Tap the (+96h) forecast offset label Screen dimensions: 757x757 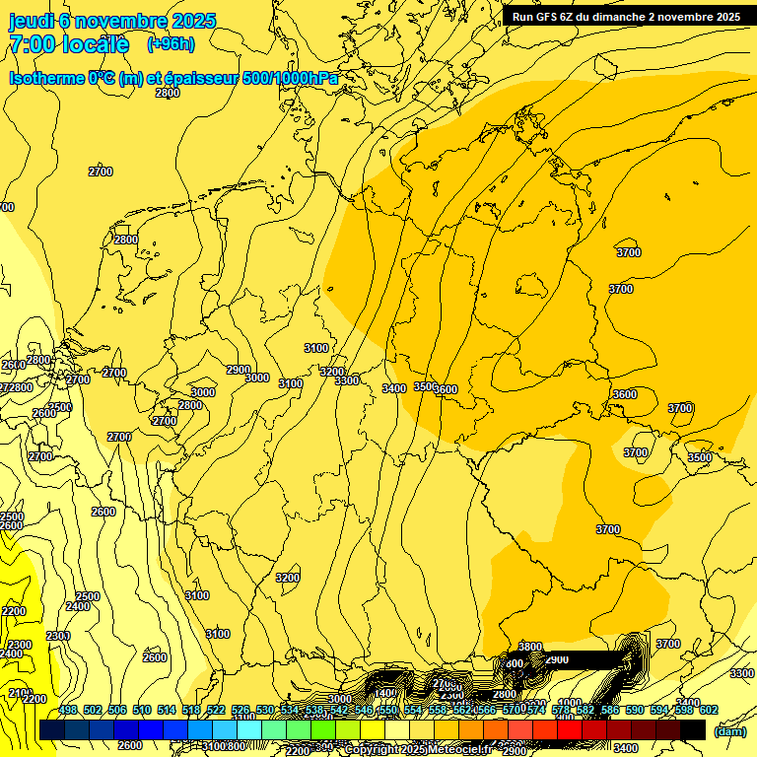click(x=171, y=44)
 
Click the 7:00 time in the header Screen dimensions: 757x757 click(x=34, y=44)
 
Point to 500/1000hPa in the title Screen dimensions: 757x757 click(x=296, y=77)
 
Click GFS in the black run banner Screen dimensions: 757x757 click(x=552, y=17)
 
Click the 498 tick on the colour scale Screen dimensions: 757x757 click(x=68, y=710)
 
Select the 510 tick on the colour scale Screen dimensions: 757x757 click(x=142, y=710)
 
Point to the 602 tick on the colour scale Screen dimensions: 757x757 click(x=708, y=710)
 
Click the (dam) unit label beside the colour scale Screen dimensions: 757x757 click(x=729, y=731)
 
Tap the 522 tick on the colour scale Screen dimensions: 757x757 click(x=217, y=710)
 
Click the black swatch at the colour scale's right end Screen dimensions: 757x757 click(x=693, y=729)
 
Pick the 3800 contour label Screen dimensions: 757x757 click(x=530, y=647)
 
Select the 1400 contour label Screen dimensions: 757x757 click(x=384, y=693)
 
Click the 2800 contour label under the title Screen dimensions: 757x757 click(x=168, y=93)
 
